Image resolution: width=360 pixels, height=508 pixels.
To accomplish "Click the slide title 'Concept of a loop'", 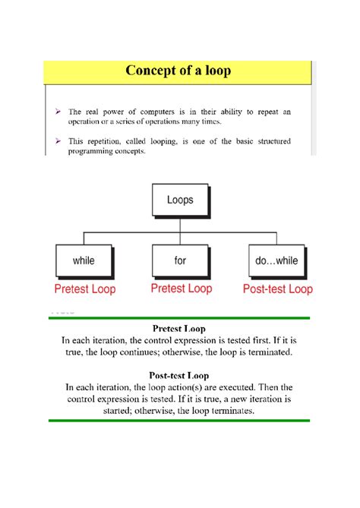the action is pyautogui.click(x=178, y=72).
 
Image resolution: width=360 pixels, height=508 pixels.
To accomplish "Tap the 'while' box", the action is pyautogui.click(x=84, y=260).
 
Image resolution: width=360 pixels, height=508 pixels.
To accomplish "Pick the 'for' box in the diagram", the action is pyautogui.click(x=180, y=260).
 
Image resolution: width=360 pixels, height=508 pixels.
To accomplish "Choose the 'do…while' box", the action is pyautogui.click(x=276, y=260).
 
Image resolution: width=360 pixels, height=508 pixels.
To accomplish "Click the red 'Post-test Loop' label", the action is pyautogui.click(x=277, y=289).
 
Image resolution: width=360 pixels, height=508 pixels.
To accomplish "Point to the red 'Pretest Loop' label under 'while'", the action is pyautogui.click(x=84, y=289).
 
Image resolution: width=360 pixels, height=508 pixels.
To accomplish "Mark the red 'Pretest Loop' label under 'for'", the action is pyautogui.click(x=181, y=289).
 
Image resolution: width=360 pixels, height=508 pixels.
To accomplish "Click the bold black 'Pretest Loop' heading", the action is pyautogui.click(x=179, y=329).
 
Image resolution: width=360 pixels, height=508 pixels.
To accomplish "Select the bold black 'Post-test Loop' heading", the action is pyautogui.click(x=179, y=374).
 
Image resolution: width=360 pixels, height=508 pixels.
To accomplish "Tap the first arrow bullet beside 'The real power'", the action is pyautogui.click(x=59, y=111).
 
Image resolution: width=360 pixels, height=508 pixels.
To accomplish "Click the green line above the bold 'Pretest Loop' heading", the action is pyautogui.click(x=179, y=317).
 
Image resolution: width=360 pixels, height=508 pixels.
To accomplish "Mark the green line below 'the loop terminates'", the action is pyautogui.click(x=179, y=420).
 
